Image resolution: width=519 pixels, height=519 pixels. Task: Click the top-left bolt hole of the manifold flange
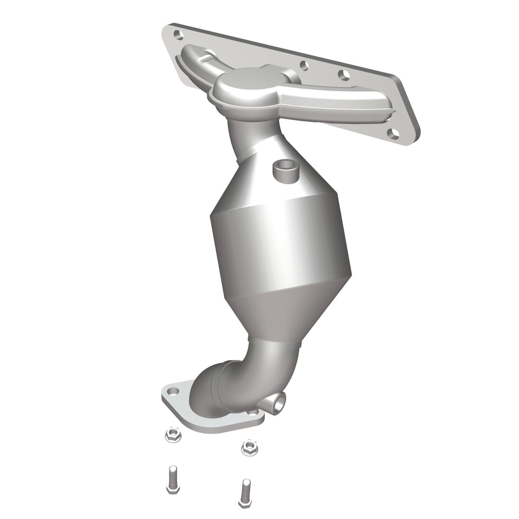pyautogui.click(x=177, y=34)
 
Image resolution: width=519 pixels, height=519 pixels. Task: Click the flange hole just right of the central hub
pyautogui.click(x=304, y=66)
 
